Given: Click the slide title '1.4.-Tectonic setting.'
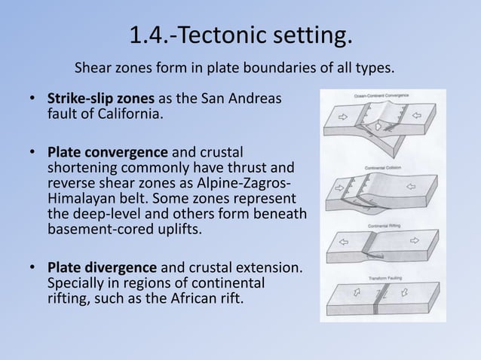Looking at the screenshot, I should tap(240, 35).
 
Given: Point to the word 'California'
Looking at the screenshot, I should tap(124, 115).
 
